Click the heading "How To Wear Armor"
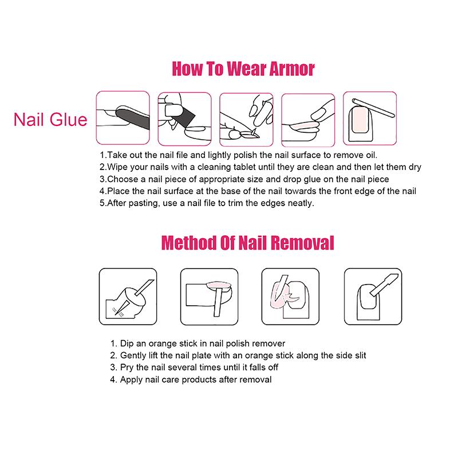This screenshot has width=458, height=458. click(243, 69)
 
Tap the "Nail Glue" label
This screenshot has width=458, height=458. click(50, 120)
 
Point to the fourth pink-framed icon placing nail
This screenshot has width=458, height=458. click(307, 117)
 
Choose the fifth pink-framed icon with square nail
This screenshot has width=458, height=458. click(369, 117)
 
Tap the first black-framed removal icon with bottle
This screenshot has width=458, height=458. click(126, 293)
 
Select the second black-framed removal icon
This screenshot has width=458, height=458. click(208, 293)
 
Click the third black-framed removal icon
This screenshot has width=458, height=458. click(289, 293)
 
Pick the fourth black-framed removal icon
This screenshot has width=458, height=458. click(370, 293)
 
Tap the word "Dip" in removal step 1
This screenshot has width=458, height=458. click(127, 343)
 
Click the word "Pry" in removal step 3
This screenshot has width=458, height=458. click(128, 368)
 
